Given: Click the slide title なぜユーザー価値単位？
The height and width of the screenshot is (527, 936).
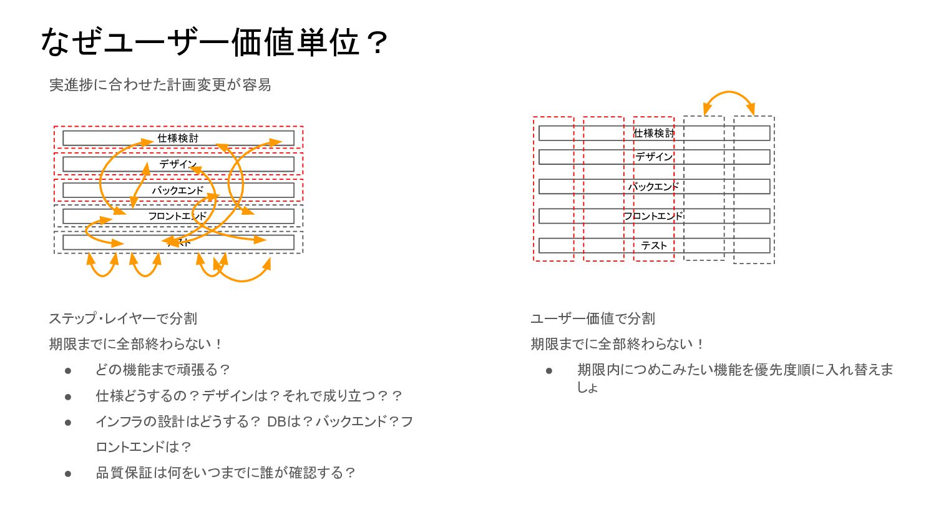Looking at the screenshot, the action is (x=214, y=42).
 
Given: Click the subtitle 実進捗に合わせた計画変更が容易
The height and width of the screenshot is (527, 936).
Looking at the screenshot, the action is (x=160, y=85).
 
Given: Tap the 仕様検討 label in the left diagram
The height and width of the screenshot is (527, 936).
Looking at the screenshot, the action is (x=178, y=138).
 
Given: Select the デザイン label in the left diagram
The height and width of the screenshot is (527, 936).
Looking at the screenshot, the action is (x=178, y=164).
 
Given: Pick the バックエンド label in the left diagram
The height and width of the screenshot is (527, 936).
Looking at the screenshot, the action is (x=178, y=190).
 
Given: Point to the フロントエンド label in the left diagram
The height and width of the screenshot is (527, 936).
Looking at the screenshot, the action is (x=177, y=216).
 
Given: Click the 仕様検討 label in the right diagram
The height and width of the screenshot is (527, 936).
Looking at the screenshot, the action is (x=654, y=133).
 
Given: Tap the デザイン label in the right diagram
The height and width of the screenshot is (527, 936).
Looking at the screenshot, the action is (x=654, y=157).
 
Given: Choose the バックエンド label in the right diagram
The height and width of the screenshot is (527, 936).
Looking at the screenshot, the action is (x=653, y=187).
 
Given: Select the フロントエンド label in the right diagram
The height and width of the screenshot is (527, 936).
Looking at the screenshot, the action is (x=653, y=216).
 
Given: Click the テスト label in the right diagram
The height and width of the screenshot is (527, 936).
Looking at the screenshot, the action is (x=654, y=245).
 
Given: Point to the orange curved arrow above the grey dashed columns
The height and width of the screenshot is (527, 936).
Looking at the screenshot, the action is (x=729, y=94).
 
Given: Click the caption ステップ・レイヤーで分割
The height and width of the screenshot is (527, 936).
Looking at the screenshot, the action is (x=123, y=318).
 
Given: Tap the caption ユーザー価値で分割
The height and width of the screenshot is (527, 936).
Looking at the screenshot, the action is (x=593, y=318).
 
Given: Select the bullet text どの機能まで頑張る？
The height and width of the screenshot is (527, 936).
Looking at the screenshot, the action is (x=163, y=370).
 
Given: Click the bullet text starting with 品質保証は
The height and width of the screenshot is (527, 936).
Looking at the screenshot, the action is (x=225, y=473).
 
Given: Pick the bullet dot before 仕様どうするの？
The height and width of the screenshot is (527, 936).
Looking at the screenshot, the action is (x=68, y=396).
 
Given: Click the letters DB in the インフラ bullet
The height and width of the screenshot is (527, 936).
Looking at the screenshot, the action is (x=276, y=421).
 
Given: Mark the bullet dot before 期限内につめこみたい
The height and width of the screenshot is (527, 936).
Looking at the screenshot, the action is (x=549, y=371).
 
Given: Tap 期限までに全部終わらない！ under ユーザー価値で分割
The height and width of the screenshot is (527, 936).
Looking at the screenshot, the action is (x=618, y=344).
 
